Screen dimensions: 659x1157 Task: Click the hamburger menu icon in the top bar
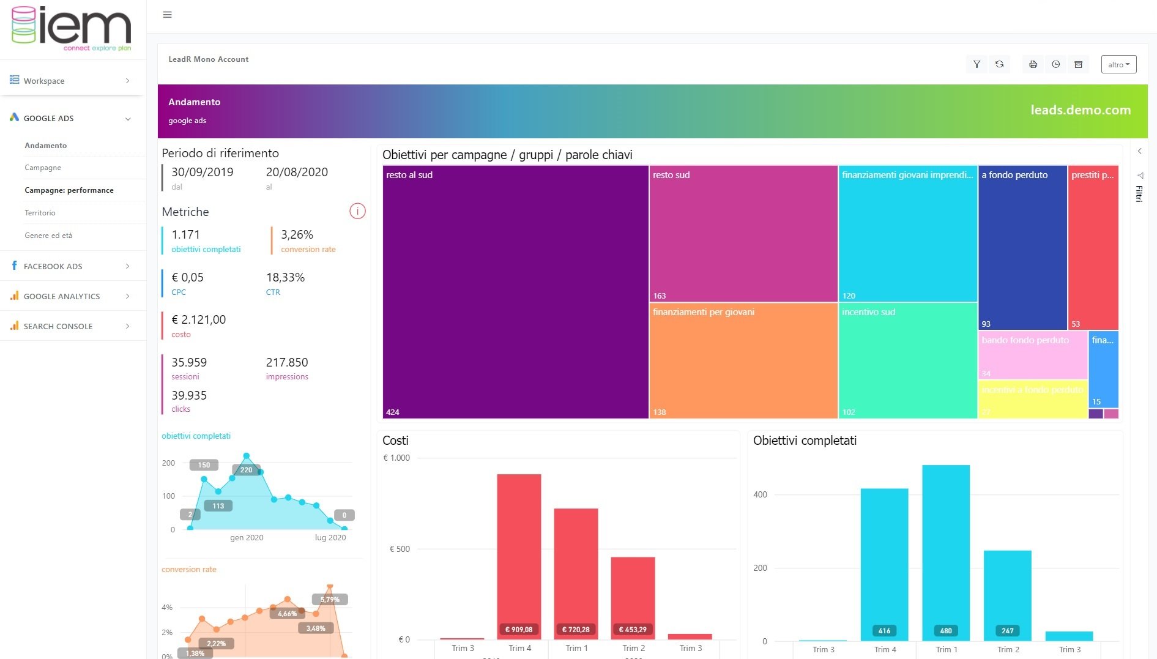167,15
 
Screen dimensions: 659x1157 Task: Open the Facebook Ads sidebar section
53,266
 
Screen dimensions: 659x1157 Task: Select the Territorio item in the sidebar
40,213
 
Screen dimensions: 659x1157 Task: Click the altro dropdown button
1118,64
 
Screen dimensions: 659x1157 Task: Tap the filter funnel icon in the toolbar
977,64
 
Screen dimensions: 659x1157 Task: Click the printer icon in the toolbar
1033,64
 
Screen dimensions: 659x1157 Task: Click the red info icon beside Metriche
357,211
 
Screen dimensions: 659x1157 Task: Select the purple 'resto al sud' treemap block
515,292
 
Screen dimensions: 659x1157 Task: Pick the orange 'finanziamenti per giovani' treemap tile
743,361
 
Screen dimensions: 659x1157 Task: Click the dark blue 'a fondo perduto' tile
1022,248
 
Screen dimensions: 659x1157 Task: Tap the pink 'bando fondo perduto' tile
1033,356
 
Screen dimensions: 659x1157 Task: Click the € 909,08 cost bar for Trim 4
519,554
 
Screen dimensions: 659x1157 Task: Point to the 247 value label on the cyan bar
1007,631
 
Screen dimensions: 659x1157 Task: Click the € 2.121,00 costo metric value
199,319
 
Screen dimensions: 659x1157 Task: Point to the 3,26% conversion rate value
297,235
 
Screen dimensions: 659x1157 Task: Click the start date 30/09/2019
202,173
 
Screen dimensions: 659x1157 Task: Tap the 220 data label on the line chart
246,470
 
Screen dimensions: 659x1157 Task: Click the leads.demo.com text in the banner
1080,110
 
